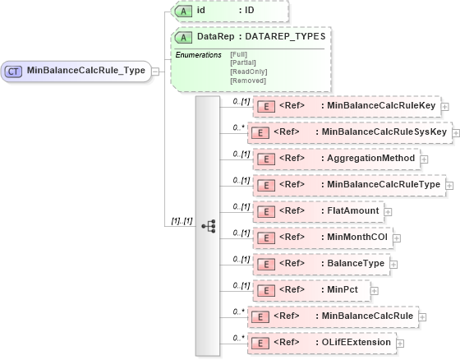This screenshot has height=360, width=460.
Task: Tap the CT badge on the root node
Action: point(14,71)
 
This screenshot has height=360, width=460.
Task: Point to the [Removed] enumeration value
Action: point(249,81)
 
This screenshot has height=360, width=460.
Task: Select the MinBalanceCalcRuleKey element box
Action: point(346,105)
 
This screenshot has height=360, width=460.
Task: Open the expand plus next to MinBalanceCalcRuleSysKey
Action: point(456,132)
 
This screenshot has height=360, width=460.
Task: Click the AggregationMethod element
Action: point(338,159)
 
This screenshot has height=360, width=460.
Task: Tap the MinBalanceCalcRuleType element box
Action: point(349,185)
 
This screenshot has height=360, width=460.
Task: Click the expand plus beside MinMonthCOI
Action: point(396,238)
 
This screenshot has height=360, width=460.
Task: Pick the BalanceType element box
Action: point(320,264)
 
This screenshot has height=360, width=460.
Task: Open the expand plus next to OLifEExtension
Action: point(399,343)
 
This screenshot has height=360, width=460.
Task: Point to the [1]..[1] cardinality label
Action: point(181,220)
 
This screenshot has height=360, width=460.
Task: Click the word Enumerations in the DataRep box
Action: point(199,54)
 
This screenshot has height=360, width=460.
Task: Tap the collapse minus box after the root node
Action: point(155,71)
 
